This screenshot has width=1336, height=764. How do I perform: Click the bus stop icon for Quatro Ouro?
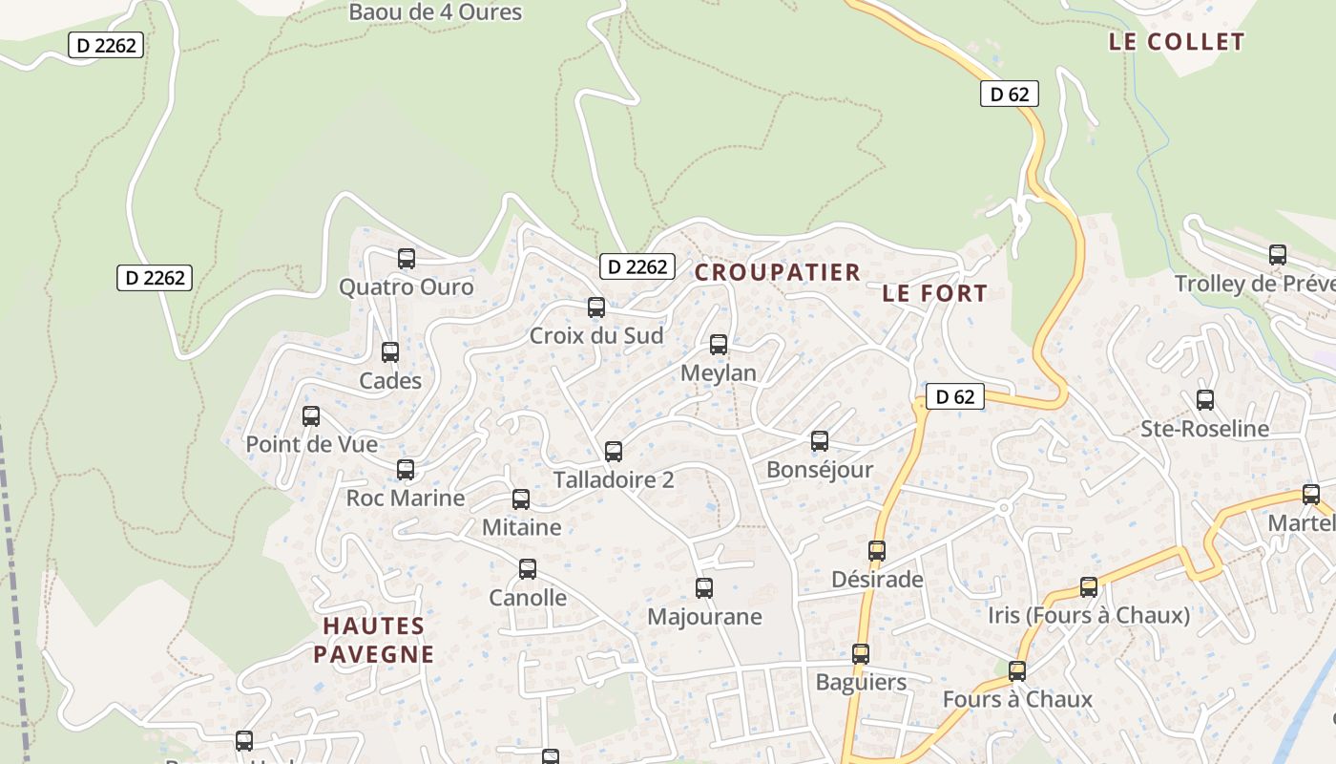tap(407, 258)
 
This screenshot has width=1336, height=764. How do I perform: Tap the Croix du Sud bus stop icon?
tap(596, 307)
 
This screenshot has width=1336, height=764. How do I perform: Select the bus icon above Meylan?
tap(719, 345)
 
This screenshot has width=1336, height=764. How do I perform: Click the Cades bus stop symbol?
tap(390, 351)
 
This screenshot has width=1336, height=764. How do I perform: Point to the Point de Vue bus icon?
tap(311, 415)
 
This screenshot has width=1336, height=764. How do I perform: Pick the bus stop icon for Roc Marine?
tap(406, 469)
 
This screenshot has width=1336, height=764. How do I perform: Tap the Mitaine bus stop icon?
tap(521, 499)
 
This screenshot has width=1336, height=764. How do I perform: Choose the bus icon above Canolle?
tap(528, 569)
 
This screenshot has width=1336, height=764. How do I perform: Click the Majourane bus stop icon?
tap(704, 588)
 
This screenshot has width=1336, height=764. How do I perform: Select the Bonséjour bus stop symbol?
tap(820, 441)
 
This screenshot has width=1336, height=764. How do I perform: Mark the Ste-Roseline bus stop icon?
tap(1205, 399)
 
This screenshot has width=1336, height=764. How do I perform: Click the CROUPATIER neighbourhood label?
tap(778, 272)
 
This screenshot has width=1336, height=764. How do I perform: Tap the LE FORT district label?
tap(934, 293)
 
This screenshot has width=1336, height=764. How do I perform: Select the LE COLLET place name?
tap(1177, 42)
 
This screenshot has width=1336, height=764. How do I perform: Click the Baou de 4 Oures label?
tap(435, 12)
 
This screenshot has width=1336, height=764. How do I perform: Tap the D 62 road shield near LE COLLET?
tap(1009, 94)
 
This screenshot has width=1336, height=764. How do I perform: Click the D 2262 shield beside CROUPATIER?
tap(637, 266)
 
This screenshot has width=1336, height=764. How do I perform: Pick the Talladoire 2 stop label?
tap(614, 479)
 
